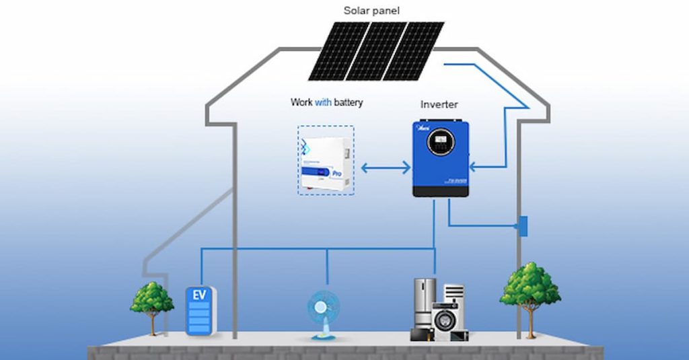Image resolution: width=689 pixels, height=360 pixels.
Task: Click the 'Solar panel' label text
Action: click(371, 10)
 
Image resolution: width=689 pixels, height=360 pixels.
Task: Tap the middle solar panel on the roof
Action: click(377, 50)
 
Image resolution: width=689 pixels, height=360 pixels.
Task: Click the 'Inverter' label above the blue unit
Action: click(439, 104)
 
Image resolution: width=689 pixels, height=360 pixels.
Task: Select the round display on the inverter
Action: click(441, 142)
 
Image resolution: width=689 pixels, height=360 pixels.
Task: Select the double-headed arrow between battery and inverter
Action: click(386, 166)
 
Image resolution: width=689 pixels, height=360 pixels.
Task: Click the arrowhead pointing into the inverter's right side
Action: click(473, 166)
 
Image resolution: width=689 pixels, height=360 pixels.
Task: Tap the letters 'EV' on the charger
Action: click(199, 295)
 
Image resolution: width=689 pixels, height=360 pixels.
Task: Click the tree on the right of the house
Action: click(530, 289)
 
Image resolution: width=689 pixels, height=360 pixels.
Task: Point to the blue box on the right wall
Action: click(522, 225)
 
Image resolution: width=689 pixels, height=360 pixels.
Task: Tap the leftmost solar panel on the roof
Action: click(334, 50)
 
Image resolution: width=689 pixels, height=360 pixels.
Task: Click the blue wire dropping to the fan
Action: click(327, 266)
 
